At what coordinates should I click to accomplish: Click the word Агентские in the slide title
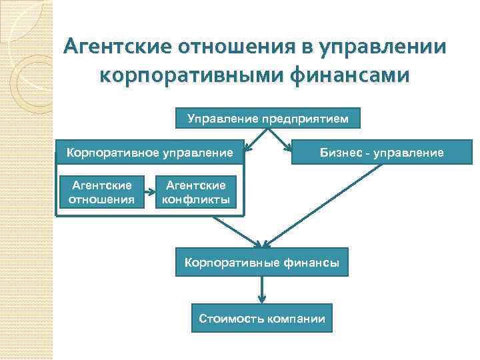click(x=115, y=48)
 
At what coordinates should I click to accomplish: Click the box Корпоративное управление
click(x=151, y=153)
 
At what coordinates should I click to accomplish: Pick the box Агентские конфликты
click(x=196, y=191)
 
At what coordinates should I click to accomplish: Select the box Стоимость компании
click(x=262, y=318)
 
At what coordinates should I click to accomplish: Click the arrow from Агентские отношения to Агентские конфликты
click(x=149, y=192)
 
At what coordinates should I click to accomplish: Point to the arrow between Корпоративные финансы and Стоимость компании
click(x=262, y=290)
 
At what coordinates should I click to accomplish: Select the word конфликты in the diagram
click(x=196, y=198)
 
